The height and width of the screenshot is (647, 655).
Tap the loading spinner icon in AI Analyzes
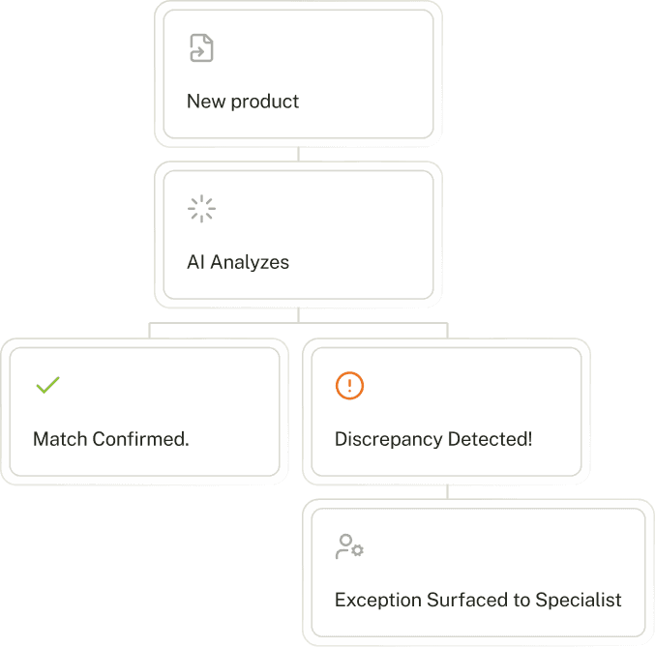tap(201, 209)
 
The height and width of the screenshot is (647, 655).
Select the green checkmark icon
tap(47, 385)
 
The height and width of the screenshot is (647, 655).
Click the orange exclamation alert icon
tap(349, 386)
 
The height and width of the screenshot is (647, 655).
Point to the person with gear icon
tap(348, 546)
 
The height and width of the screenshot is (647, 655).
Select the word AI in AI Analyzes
tap(196, 262)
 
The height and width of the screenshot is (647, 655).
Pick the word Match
tap(60, 439)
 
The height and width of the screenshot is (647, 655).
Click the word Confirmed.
tap(141, 439)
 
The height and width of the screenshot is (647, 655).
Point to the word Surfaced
tap(461, 600)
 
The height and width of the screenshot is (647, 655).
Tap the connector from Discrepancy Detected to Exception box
tap(447, 491)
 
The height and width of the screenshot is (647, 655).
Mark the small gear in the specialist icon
tap(357, 550)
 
